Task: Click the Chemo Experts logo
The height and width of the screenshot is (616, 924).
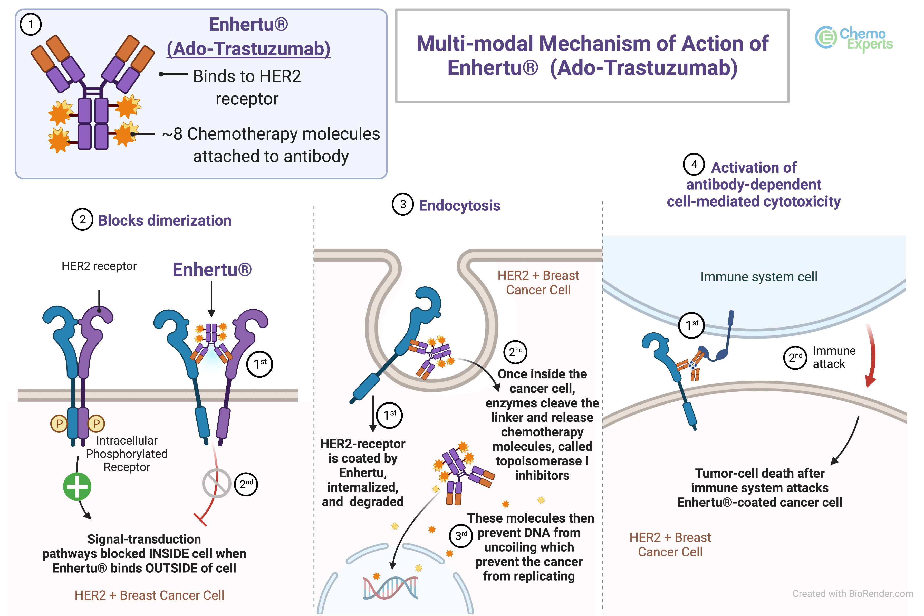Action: [853, 38]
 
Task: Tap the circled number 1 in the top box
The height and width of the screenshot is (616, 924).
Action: [31, 24]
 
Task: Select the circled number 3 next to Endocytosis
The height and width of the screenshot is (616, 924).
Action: [403, 204]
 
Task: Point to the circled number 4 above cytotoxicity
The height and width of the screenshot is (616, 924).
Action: [694, 164]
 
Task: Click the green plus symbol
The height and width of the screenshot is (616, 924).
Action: [77, 487]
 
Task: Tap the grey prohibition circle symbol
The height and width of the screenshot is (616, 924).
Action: [216, 483]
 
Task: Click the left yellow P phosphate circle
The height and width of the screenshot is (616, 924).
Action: [59, 423]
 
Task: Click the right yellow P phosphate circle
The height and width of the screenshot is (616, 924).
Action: [96, 423]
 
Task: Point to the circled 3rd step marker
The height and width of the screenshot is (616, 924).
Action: [460, 535]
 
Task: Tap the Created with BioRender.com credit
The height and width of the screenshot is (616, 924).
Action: [852, 594]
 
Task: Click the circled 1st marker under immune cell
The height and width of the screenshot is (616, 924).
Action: [691, 325]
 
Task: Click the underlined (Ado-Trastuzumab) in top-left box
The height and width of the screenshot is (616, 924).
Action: [248, 49]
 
